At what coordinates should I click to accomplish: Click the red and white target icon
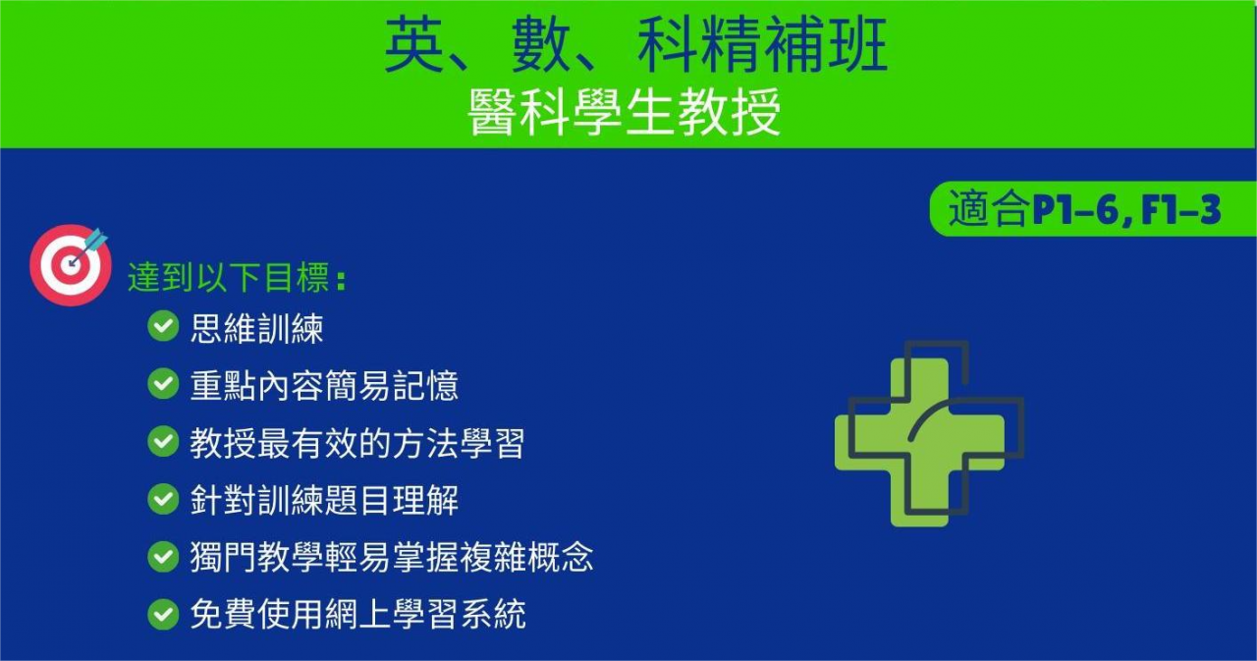click(x=70, y=265)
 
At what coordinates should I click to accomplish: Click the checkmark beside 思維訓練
click(x=163, y=326)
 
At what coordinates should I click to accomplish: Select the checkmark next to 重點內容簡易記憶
click(x=163, y=384)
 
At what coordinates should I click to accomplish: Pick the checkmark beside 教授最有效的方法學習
click(x=163, y=441)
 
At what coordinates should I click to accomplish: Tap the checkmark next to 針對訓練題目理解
click(x=163, y=499)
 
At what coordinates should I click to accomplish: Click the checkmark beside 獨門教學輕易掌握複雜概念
click(x=163, y=557)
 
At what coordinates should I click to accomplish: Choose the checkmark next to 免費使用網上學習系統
click(x=163, y=615)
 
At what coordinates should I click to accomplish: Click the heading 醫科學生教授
click(x=624, y=112)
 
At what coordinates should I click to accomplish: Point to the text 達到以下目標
click(x=229, y=277)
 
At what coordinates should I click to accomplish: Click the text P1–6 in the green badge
click(x=1073, y=210)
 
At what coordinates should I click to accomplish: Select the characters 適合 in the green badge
click(x=989, y=209)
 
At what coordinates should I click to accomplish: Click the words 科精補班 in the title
click(x=762, y=44)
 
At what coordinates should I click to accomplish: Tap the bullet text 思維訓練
click(x=257, y=328)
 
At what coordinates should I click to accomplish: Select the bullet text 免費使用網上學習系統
click(x=358, y=615)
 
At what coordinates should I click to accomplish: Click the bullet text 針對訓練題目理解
click(x=324, y=500)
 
